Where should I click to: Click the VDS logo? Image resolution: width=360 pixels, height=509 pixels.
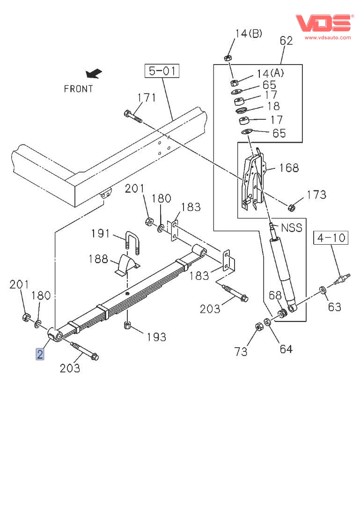tap(323, 23)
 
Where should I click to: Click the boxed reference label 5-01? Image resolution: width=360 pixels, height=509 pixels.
tap(162, 71)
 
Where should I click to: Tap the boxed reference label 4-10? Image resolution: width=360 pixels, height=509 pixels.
tap(331, 238)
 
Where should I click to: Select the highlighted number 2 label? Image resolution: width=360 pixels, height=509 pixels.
tap(40, 354)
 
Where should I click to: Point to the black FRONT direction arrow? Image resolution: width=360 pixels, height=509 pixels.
tap(94, 73)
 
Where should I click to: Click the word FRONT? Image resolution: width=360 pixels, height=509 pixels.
tap(79, 89)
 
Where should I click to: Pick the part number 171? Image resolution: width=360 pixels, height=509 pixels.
tap(146, 98)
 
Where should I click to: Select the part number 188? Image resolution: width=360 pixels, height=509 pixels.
tap(99, 259)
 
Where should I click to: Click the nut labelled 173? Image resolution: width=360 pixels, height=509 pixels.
tap(291, 206)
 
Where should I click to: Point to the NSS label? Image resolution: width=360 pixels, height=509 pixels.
tap(291, 228)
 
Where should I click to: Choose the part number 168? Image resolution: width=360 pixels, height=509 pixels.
tap(289, 167)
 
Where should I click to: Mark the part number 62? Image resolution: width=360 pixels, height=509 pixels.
tap(286, 41)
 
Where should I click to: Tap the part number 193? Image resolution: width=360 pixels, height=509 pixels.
tap(156, 336)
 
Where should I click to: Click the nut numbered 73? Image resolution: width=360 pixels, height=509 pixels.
tap(258, 327)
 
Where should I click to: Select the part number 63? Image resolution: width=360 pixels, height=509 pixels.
tap(334, 307)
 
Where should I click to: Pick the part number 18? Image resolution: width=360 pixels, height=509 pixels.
tap(273, 106)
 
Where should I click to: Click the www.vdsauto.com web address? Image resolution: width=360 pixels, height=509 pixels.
tap(328, 37)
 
